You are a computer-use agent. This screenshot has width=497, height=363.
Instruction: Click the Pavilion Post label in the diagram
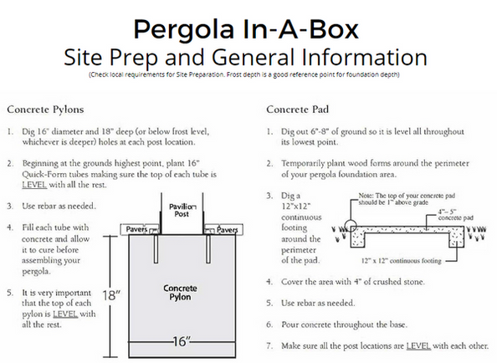tap(181, 209)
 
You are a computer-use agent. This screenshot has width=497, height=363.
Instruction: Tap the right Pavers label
tap(223, 228)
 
